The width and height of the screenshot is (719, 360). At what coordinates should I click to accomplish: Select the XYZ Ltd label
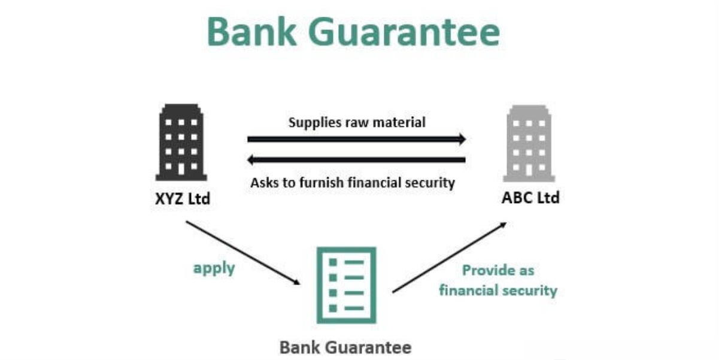(x=182, y=198)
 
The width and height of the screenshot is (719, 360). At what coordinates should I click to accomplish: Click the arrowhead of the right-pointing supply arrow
(x=462, y=139)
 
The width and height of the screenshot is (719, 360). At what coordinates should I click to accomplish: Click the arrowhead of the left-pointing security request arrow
(x=252, y=160)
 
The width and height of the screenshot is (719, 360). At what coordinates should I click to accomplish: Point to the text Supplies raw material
(x=357, y=123)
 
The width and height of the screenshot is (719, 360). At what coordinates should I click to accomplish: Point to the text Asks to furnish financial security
(x=353, y=182)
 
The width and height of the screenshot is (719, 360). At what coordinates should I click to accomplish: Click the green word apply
(x=214, y=268)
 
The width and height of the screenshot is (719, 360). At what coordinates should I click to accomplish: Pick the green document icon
(x=346, y=285)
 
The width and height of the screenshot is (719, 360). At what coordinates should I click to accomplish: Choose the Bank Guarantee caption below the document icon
(x=345, y=347)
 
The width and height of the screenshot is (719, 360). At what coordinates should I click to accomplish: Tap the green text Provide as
(x=497, y=271)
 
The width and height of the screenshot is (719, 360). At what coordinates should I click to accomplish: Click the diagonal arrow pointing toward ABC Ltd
(x=449, y=258)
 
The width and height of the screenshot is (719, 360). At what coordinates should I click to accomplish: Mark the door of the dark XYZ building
(x=181, y=170)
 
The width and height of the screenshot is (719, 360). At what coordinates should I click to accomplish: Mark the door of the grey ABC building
(x=528, y=170)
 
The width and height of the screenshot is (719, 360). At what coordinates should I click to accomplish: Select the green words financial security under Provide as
(x=497, y=291)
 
